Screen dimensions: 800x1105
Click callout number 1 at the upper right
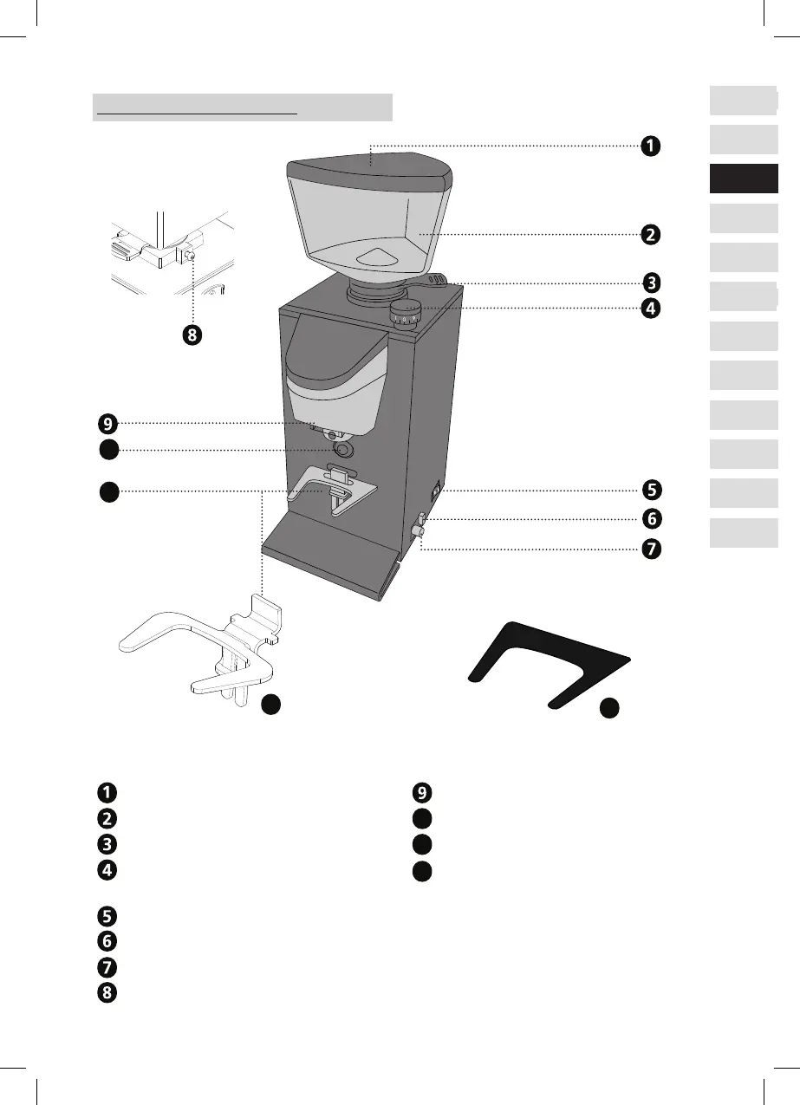[648, 146]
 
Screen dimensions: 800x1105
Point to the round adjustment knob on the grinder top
[403, 311]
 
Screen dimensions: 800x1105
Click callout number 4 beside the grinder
[648, 307]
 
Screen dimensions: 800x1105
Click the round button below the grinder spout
[343, 450]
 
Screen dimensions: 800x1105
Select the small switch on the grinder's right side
[436, 490]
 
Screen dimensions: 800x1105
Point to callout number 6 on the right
[648, 519]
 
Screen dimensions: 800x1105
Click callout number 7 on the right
[648, 549]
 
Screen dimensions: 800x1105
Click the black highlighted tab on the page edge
[743, 179]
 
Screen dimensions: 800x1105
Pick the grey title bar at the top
[242, 108]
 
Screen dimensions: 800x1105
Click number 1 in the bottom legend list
[105, 791]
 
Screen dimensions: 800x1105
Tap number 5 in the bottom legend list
[105, 915]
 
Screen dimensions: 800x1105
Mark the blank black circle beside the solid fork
[610, 707]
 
